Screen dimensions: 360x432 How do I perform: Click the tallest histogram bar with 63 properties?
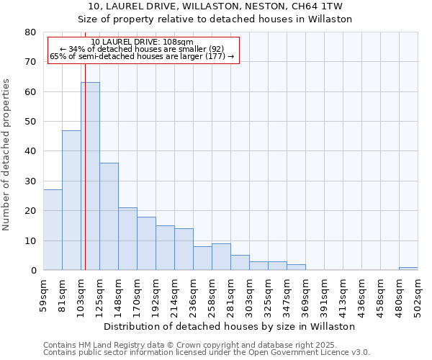[x=90, y=176]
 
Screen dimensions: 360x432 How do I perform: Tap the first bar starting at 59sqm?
[x=53, y=230]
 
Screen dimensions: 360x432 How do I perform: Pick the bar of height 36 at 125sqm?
[x=109, y=217]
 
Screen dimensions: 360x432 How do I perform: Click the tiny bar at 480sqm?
[x=408, y=269]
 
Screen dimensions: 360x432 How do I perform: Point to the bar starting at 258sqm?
[x=221, y=257]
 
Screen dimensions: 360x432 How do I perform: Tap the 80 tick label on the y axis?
[x=30, y=32]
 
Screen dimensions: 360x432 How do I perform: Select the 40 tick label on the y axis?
[x=30, y=151]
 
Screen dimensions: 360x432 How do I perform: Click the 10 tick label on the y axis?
[x=30, y=240]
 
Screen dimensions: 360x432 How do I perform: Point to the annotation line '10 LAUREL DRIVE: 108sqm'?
[x=143, y=42]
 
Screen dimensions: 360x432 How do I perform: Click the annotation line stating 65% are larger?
[x=143, y=56]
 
